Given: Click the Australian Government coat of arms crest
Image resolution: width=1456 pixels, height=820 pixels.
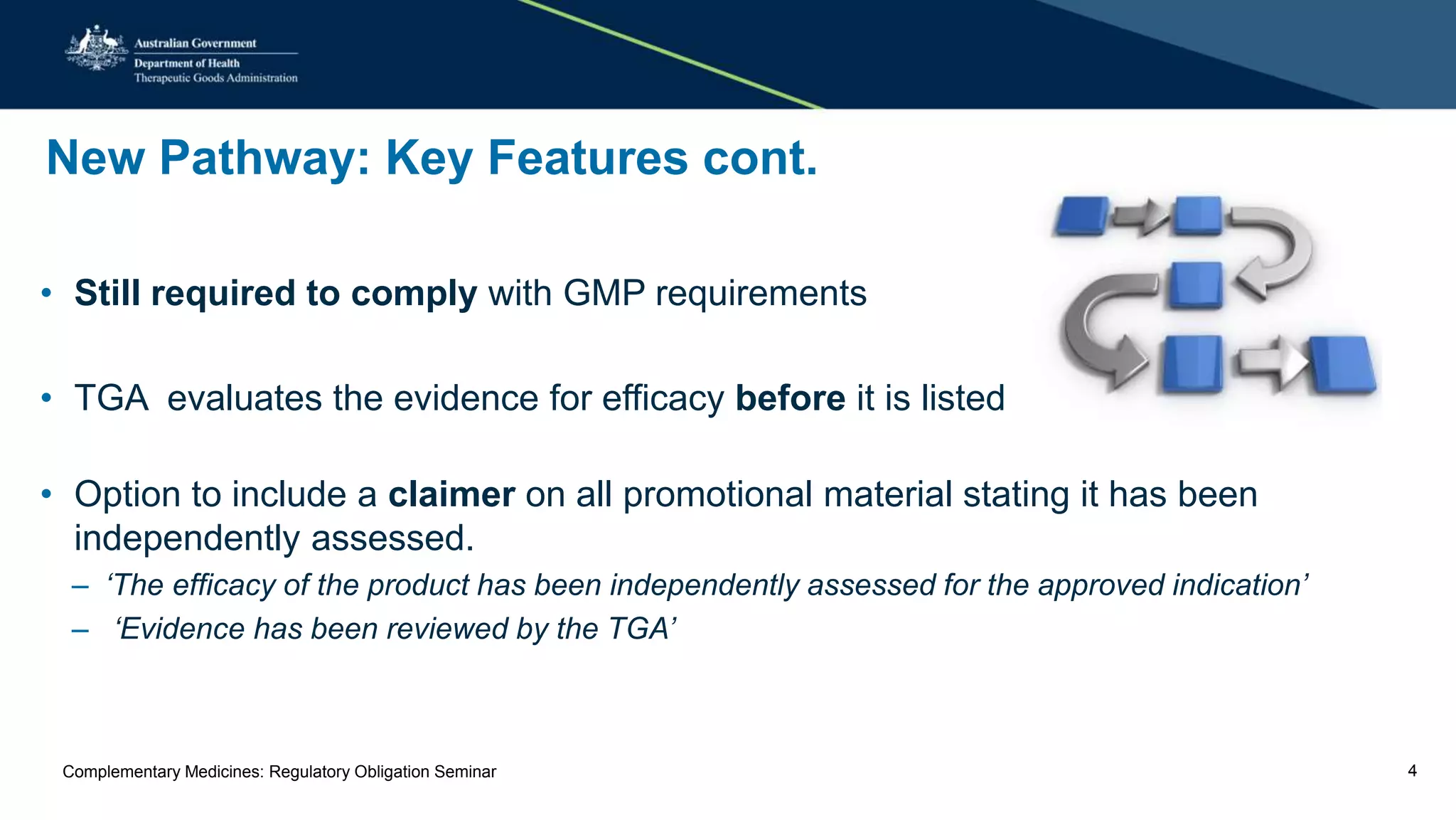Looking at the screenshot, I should (x=97, y=48).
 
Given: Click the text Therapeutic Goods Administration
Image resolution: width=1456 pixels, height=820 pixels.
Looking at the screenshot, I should (x=215, y=78).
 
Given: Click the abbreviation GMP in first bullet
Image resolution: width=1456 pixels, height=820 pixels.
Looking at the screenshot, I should (x=604, y=293).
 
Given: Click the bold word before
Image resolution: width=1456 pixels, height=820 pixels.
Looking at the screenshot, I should (x=790, y=398).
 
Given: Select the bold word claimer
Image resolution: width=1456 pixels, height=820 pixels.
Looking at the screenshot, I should (x=451, y=494).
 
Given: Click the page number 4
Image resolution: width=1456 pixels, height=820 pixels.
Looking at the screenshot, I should (x=1412, y=771).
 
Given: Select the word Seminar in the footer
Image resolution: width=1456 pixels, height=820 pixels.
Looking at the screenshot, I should (x=465, y=772).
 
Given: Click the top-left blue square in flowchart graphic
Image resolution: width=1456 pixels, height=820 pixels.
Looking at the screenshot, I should (x=1081, y=216).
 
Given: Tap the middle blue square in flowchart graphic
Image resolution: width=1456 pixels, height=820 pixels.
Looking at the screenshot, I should (x=1196, y=285).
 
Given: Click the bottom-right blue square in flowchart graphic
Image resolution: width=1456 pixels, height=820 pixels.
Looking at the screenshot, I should (x=1342, y=364).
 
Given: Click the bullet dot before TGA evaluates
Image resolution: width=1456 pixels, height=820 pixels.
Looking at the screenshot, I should (x=46, y=398).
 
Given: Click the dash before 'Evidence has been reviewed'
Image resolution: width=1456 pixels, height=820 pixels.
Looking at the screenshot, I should (x=80, y=630).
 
